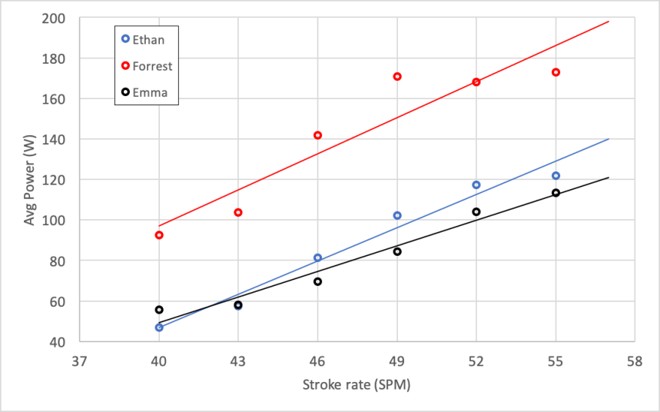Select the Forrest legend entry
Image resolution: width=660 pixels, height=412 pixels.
(x=146, y=66)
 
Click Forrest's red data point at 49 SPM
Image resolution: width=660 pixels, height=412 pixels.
(x=397, y=76)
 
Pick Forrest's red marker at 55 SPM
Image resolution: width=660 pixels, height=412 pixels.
(x=556, y=72)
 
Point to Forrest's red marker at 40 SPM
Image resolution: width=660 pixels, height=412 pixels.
(x=159, y=235)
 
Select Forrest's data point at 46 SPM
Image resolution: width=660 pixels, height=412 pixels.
(x=317, y=135)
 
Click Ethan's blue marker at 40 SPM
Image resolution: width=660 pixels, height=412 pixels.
(x=159, y=327)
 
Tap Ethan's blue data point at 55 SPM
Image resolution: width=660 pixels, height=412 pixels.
(x=556, y=175)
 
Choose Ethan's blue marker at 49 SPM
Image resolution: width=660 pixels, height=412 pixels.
(x=397, y=215)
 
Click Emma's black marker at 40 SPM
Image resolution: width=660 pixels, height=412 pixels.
(x=159, y=310)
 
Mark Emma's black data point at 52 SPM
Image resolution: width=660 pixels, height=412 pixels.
(x=476, y=211)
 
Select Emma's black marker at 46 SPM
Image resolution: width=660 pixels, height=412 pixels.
(x=317, y=281)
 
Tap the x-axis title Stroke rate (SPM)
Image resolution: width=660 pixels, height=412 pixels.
(x=357, y=385)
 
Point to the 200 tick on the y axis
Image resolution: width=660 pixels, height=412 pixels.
(x=63, y=18)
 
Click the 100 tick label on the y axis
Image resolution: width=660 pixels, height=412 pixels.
(x=63, y=220)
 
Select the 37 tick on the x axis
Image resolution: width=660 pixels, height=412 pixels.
(x=80, y=360)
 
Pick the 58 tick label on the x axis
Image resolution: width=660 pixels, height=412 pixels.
(x=635, y=360)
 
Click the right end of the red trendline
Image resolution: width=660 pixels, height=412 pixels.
(x=609, y=22)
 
